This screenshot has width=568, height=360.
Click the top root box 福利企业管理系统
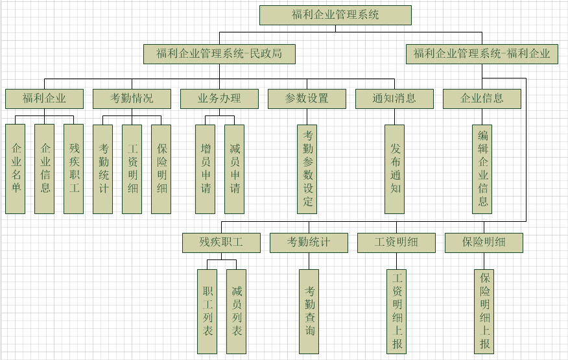(335, 15)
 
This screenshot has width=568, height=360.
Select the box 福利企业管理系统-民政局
(219, 54)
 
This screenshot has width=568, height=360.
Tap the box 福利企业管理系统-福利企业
(482, 54)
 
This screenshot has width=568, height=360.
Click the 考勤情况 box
(132, 99)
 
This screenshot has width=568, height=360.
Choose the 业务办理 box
(219, 99)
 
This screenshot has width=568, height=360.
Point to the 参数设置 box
(307, 99)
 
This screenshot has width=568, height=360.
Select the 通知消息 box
(394, 99)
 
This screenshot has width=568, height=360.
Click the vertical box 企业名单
(16, 169)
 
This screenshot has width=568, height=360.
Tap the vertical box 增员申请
(206, 169)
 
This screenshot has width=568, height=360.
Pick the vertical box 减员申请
(235, 169)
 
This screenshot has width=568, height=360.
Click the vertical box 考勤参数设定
(307, 169)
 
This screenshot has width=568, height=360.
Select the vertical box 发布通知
(394, 169)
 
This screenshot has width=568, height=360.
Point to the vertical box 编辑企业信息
(482, 169)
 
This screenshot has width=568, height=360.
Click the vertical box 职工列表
(207, 311)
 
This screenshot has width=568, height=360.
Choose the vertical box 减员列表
(237, 311)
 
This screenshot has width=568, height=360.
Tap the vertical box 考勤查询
(309, 311)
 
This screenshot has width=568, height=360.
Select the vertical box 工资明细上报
(397, 311)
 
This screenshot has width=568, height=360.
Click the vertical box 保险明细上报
(484, 311)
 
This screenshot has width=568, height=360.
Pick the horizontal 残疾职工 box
(221, 243)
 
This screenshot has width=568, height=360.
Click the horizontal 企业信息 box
(482, 99)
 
